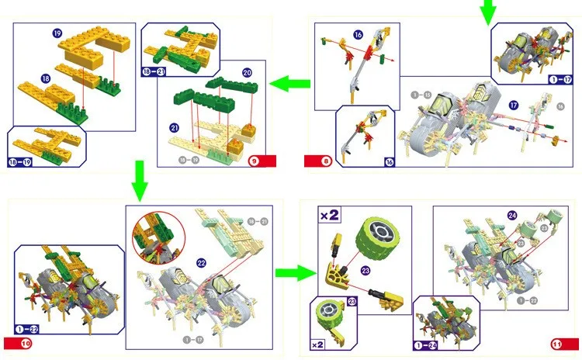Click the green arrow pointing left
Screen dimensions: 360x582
pos(287,80)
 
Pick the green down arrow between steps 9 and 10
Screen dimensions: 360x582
pos(139,178)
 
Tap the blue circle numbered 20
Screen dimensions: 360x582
pos(247,73)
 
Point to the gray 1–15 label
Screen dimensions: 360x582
pos(421,95)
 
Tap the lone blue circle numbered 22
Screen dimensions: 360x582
pos(202,263)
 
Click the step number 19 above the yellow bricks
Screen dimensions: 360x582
pos(57,33)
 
